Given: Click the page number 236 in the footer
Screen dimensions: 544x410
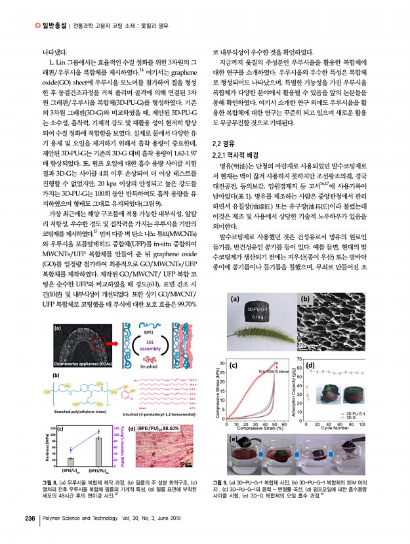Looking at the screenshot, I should (30, 518).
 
